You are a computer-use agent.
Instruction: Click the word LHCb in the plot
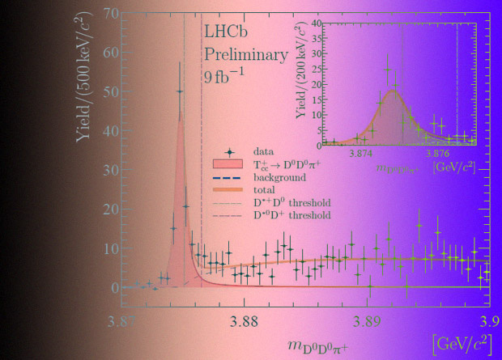(226, 35)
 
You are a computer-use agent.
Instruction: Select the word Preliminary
(245, 56)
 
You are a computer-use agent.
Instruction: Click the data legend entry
(262, 150)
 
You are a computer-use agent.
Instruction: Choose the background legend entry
(279, 176)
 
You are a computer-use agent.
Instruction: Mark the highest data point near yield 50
(180, 91)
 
